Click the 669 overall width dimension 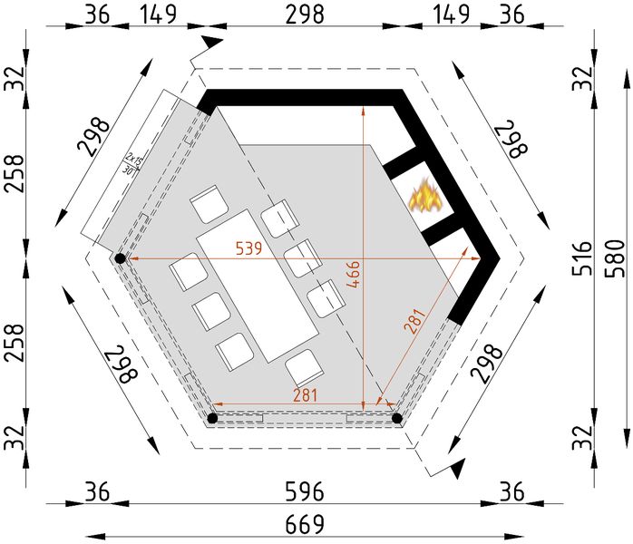coord(305,524)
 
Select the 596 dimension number coord(305,491)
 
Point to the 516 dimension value coord(581,257)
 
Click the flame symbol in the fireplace coord(423,196)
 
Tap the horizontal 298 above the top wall coord(304,15)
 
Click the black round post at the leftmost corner coord(119,259)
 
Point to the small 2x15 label coord(134,157)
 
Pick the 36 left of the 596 coord(98,491)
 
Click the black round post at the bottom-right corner coord(397,418)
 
